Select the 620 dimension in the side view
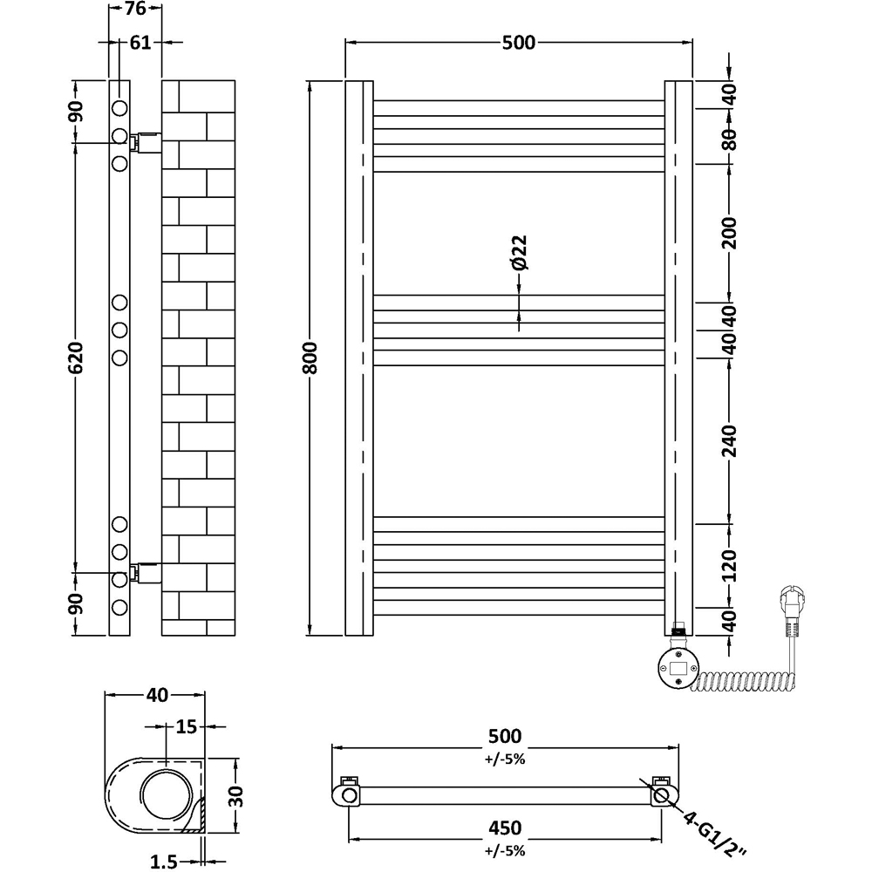[x=77, y=358]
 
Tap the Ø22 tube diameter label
[x=519, y=253]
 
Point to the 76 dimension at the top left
[x=134, y=10]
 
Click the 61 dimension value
[x=140, y=42]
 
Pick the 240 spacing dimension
[x=731, y=441]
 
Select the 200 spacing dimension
[x=731, y=232]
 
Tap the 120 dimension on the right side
[x=731, y=566]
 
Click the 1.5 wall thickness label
[x=164, y=862]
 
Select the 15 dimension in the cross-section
[x=184, y=726]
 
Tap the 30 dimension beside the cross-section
[x=236, y=795]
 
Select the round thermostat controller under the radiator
[x=677, y=668]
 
